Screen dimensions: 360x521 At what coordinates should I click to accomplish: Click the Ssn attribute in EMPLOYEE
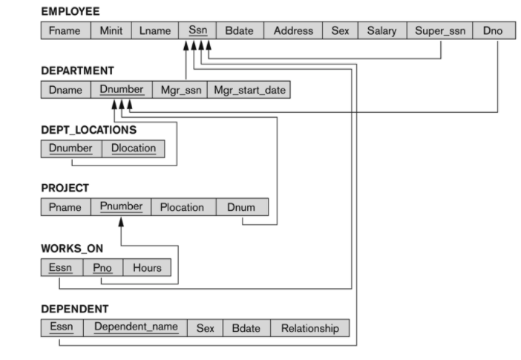tap(197, 31)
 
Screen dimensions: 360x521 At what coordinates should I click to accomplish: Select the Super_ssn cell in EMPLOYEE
tap(440, 31)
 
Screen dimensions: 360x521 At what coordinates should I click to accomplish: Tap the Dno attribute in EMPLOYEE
tap(492, 31)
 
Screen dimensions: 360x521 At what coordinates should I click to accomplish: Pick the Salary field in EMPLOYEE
tap(381, 31)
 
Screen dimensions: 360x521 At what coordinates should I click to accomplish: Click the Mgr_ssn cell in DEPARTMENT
tap(178, 90)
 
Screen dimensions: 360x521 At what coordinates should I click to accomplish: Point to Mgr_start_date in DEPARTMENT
tap(249, 90)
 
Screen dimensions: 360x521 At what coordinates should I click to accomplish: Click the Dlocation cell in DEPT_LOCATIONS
tap(134, 148)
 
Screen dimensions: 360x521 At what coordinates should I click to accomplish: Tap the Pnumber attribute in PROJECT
tap(120, 207)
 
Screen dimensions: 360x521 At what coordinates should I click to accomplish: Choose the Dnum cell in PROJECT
tap(242, 207)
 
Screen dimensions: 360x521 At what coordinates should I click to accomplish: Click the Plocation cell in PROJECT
tap(182, 207)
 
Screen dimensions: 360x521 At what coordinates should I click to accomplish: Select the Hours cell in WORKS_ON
tap(147, 267)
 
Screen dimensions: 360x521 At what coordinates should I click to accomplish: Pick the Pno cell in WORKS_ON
tap(102, 267)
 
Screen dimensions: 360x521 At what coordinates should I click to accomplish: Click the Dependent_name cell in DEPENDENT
tap(136, 327)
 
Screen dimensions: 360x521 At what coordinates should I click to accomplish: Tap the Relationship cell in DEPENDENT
tap(309, 327)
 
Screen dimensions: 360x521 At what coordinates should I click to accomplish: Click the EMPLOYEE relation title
tap(70, 12)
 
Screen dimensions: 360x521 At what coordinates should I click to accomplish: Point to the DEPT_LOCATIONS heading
tap(88, 129)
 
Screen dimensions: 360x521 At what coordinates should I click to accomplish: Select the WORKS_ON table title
tap(71, 248)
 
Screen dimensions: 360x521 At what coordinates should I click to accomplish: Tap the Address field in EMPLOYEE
tap(293, 31)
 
